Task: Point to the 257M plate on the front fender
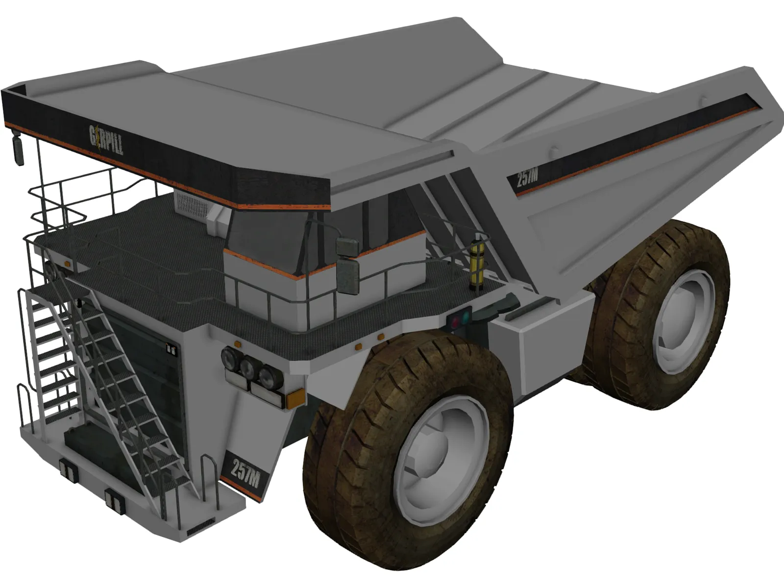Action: pos(245,473)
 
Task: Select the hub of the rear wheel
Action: pos(684,321)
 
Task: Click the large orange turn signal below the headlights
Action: pos(294,398)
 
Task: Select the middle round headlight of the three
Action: pos(247,367)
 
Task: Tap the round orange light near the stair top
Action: pos(67,265)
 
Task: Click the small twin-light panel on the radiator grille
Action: pos(171,349)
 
